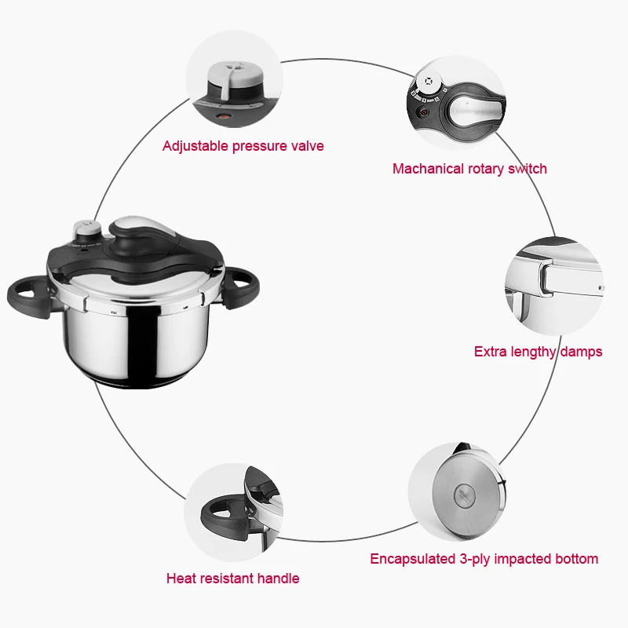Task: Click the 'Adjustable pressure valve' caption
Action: pyautogui.click(x=243, y=146)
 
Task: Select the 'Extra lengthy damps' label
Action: pyautogui.click(x=538, y=352)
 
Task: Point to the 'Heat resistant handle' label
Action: pyautogui.click(x=232, y=579)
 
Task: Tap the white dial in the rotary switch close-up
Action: pyautogui.click(x=427, y=82)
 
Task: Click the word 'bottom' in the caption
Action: pyautogui.click(x=576, y=559)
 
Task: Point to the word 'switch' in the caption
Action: pyautogui.click(x=528, y=169)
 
